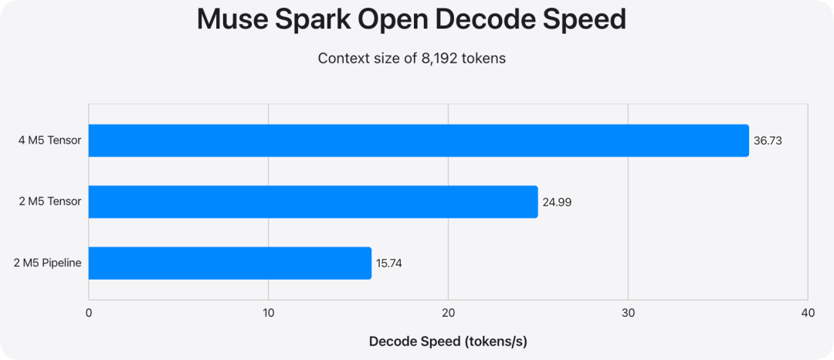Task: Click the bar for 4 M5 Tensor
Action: pyautogui.click(x=419, y=141)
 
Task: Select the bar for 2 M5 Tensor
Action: pyautogui.click(x=314, y=202)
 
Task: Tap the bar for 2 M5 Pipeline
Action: pyautogui.click(x=230, y=263)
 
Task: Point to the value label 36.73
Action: pyautogui.click(x=768, y=141)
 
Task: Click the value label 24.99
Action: pyautogui.click(x=557, y=202)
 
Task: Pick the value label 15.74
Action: pyautogui.click(x=390, y=263)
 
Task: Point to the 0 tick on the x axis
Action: pyautogui.click(x=89, y=313)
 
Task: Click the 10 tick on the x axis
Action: pyautogui.click(x=269, y=313)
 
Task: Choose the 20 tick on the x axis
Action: pyautogui.click(x=449, y=313)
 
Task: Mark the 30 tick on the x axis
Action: pyautogui.click(x=628, y=313)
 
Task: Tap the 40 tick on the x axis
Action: pyautogui.click(x=808, y=313)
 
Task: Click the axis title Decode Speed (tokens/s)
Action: pyautogui.click(x=449, y=342)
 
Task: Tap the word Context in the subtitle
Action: pyautogui.click(x=337, y=58)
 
